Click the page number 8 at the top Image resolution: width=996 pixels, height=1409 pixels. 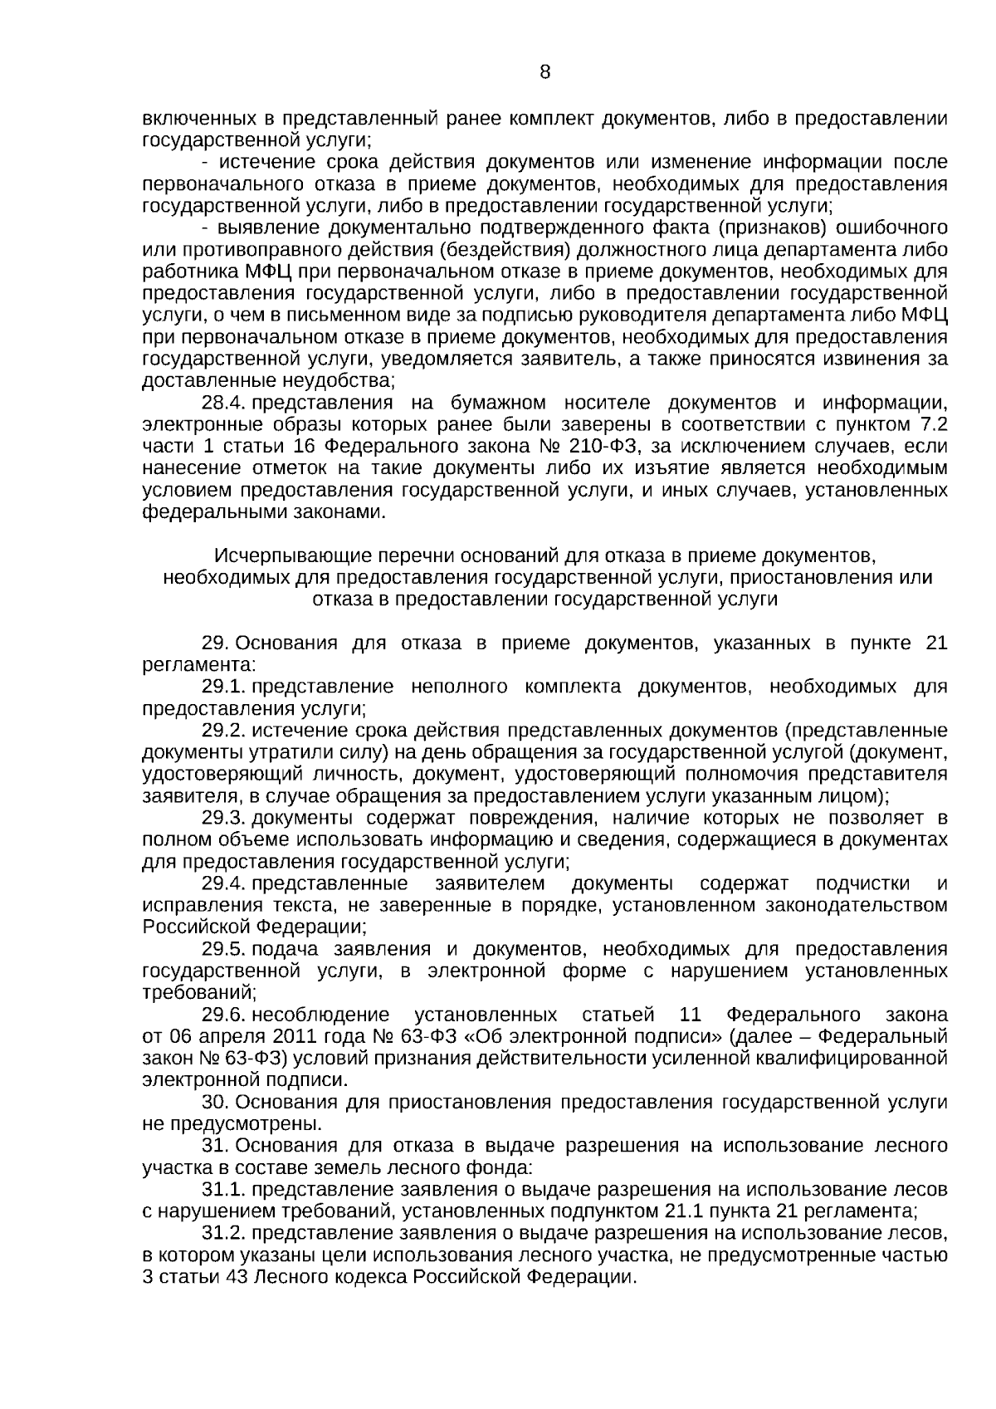point(545,72)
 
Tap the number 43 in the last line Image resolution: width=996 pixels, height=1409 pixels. point(237,1277)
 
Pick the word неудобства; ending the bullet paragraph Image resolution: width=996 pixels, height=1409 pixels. point(345,381)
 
